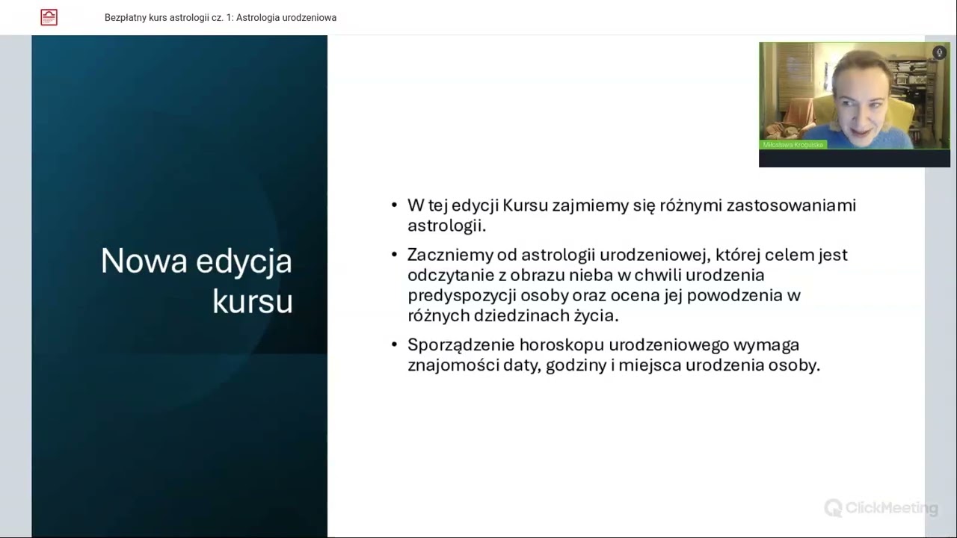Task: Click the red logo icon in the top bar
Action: point(49,17)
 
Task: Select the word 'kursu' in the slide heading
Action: point(252,302)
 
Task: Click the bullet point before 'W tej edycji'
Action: point(395,205)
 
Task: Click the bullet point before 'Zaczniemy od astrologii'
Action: point(395,254)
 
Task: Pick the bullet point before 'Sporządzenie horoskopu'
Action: point(395,344)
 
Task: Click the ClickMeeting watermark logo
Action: point(881,509)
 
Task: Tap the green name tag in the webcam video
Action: point(793,144)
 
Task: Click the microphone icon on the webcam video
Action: point(939,52)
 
